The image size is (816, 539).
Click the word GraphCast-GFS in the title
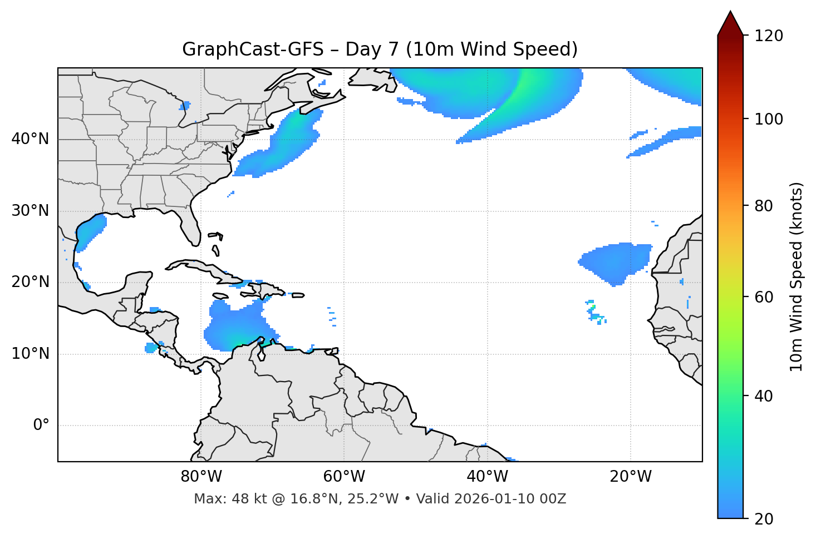pyautogui.click(x=252, y=50)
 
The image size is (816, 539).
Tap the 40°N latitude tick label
pyautogui.click(x=31, y=139)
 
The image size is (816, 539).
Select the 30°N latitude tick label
pyautogui.click(x=31, y=211)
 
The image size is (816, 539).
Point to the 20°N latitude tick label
pyautogui.click(x=31, y=282)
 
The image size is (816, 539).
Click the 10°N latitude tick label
pyautogui.click(x=31, y=354)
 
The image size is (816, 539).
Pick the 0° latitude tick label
pyautogui.click(x=41, y=426)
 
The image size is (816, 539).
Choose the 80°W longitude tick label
pyautogui.click(x=201, y=477)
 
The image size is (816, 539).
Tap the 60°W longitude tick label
pyautogui.click(x=344, y=477)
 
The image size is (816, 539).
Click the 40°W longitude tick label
pyautogui.click(x=487, y=477)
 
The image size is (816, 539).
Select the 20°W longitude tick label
pyautogui.click(x=630, y=477)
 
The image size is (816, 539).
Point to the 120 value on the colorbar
pyautogui.click(x=768, y=36)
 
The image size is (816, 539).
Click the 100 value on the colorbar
pyautogui.click(x=768, y=119)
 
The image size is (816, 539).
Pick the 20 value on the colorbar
pyautogui.click(x=764, y=518)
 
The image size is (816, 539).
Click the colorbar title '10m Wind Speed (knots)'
pyautogui.click(x=797, y=276)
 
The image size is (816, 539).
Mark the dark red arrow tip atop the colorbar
pyautogui.click(x=730, y=17)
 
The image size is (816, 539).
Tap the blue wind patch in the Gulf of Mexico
pyautogui.click(x=91, y=231)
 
